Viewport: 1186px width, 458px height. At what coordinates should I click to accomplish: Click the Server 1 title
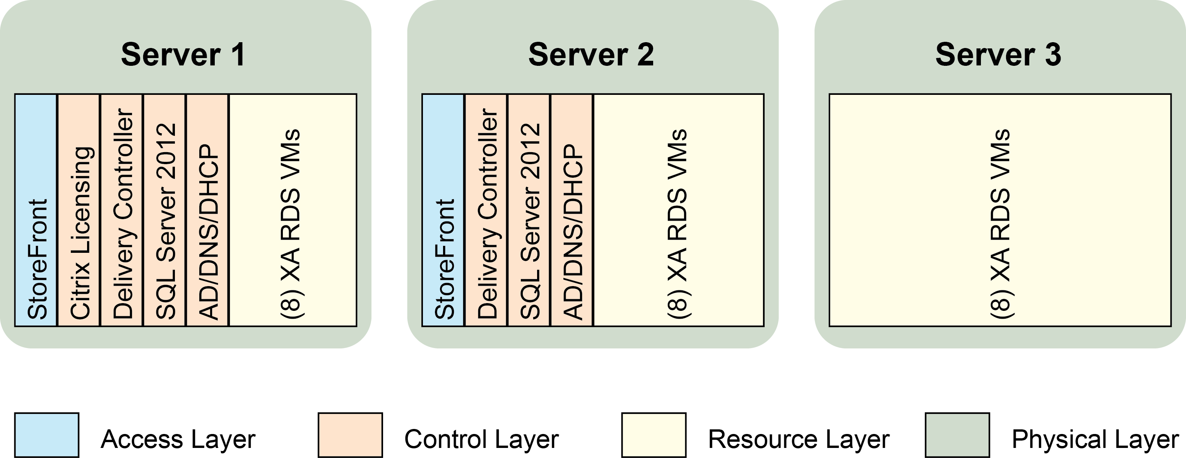coord(183,54)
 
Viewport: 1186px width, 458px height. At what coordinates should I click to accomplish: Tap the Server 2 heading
coord(591,54)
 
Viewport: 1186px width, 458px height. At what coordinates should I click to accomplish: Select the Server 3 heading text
coord(998,54)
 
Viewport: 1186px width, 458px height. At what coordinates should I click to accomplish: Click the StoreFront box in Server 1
coord(36,210)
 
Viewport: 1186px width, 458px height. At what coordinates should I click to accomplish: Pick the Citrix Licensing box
coord(79,210)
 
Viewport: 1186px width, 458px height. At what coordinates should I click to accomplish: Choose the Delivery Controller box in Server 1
coord(122,210)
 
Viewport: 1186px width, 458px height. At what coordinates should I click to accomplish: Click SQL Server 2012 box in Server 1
coord(165,210)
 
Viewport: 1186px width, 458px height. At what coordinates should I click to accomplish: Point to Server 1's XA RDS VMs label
coord(291,223)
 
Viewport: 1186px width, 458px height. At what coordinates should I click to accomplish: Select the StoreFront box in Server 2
coord(443,210)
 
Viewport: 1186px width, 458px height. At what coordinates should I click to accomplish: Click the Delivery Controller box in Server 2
coord(486,210)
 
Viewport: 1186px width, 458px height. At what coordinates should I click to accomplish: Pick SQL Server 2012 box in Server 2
coord(529,210)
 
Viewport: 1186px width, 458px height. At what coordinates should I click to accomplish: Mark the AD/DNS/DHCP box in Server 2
coord(572,210)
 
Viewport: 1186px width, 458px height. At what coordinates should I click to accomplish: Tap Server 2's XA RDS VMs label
coord(678,223)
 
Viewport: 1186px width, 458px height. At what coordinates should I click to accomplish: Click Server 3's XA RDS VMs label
coord(1000,223)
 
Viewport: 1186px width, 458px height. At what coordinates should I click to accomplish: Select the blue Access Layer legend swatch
coord(46,435)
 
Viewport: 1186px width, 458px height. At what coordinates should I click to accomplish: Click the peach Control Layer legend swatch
coord(350,435)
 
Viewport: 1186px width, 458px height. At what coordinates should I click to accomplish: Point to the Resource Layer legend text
coord(798,439)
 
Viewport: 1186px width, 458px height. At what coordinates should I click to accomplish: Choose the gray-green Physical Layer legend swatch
coord(957,435)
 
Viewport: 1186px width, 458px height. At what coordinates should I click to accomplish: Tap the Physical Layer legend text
coord(1095,439)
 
